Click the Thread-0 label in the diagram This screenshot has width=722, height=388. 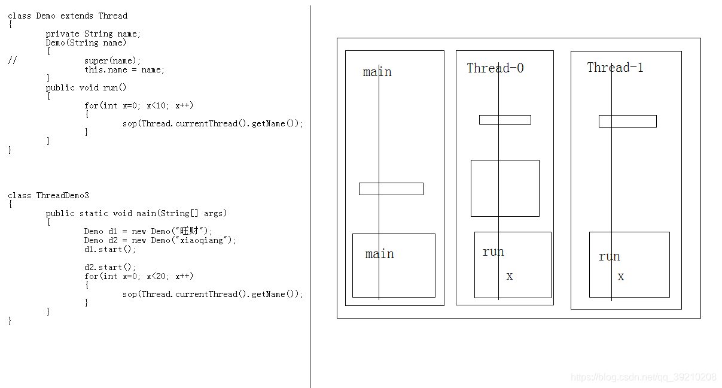coord(495,68)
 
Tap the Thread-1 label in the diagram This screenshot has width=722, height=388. coord(615,68)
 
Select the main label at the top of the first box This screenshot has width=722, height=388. coord(377,72)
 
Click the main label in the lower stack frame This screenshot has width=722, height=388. coord(379,254)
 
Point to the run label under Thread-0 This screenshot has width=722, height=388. coord(493,252)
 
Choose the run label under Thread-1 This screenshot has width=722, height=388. coord(609,257)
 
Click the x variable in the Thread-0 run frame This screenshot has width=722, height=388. coord(510,276)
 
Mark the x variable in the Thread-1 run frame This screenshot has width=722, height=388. coord(621,277)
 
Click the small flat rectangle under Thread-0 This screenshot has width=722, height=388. coord(505,120)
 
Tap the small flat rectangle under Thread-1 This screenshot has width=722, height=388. coord(627,121)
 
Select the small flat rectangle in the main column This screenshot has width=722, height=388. coord(391,189)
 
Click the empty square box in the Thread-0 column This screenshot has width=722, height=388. coord(505,188)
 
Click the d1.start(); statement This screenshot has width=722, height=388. coord(110,249)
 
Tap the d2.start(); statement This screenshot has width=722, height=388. coord(110,267)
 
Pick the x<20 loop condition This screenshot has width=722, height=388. coord(158,276)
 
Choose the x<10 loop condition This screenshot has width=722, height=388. coord(158,105)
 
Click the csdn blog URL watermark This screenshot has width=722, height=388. coord(643,377)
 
